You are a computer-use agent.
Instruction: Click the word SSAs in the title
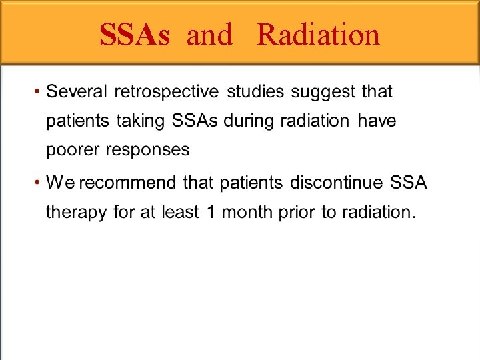[x=134, y=35]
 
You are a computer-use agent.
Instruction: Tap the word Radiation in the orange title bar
[x=318, y=35]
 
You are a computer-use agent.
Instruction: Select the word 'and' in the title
[x=209, y=35]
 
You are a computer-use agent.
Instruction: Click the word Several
[x=77, y=91]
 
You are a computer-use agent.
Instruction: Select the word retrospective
[x=166, y=91]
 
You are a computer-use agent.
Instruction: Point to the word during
[x=250, y=121]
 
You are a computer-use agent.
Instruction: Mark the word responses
[x=145, y=151]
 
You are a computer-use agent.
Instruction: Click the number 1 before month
[x=209, y=213]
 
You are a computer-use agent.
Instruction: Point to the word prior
[x=294, y=213]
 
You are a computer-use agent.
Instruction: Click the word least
[x=179, y=213]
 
